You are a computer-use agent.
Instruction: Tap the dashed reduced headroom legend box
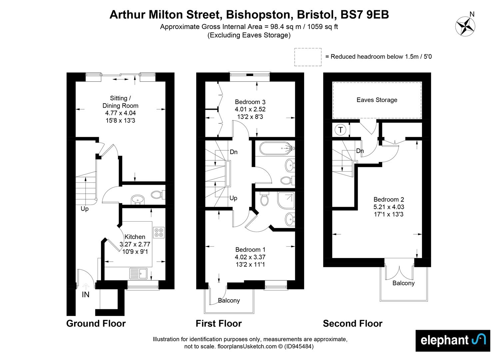(x=308, y=57)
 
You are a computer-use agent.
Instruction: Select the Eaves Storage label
(x=377, y=100)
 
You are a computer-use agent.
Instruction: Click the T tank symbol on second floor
(x=340, y=130)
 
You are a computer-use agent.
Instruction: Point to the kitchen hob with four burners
(x=159, y=232)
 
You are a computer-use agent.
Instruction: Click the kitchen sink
(x=139, y=274)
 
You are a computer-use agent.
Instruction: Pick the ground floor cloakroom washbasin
(x=138, y=199)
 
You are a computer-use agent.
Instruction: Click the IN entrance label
(x=86, y=295)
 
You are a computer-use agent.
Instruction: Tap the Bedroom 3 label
(x=250, y=102)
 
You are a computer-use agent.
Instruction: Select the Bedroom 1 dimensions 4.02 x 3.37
(x=250, y=257)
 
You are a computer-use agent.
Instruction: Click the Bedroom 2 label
(x=388, y=199)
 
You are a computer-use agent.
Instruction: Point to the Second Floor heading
(x=352, y=323)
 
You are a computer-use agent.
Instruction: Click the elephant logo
(x=453, y=340)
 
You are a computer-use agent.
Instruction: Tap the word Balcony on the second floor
(x=403, y=283)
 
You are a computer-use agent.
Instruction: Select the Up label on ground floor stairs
(x=85, y=209)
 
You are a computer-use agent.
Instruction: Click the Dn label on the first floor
(x=234, y=152)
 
